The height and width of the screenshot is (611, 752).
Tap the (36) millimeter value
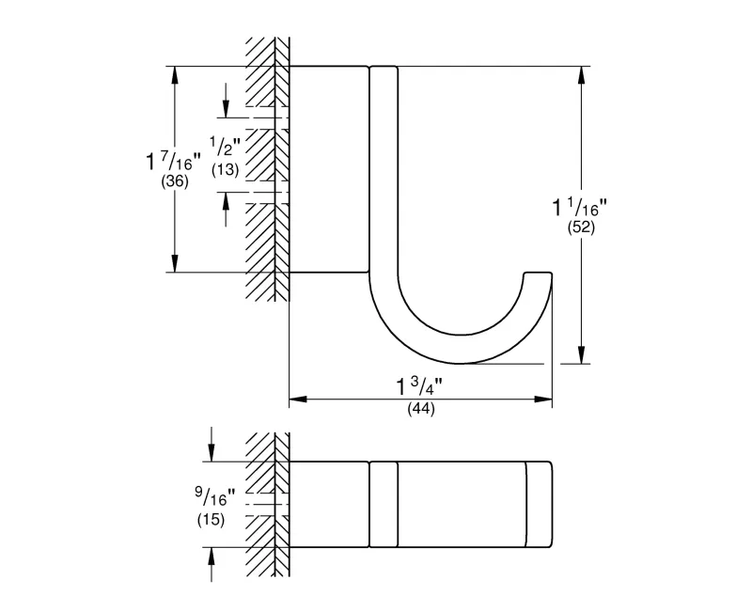pyautogui.click(x=175, y=181)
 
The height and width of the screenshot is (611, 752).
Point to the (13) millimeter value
pyautogui.click(x=226, y=169)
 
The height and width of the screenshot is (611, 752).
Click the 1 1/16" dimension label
pyautogui.click(x=579, y=207)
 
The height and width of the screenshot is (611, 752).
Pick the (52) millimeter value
pyautogui.click(x=581, y=227)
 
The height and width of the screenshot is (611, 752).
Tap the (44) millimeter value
pyautogui.click(x=421, y=409)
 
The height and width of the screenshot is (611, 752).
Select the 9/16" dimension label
pyautogui.click(x=215, y=497)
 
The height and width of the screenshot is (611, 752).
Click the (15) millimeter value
pyautogui.click(x=211, y=520)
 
